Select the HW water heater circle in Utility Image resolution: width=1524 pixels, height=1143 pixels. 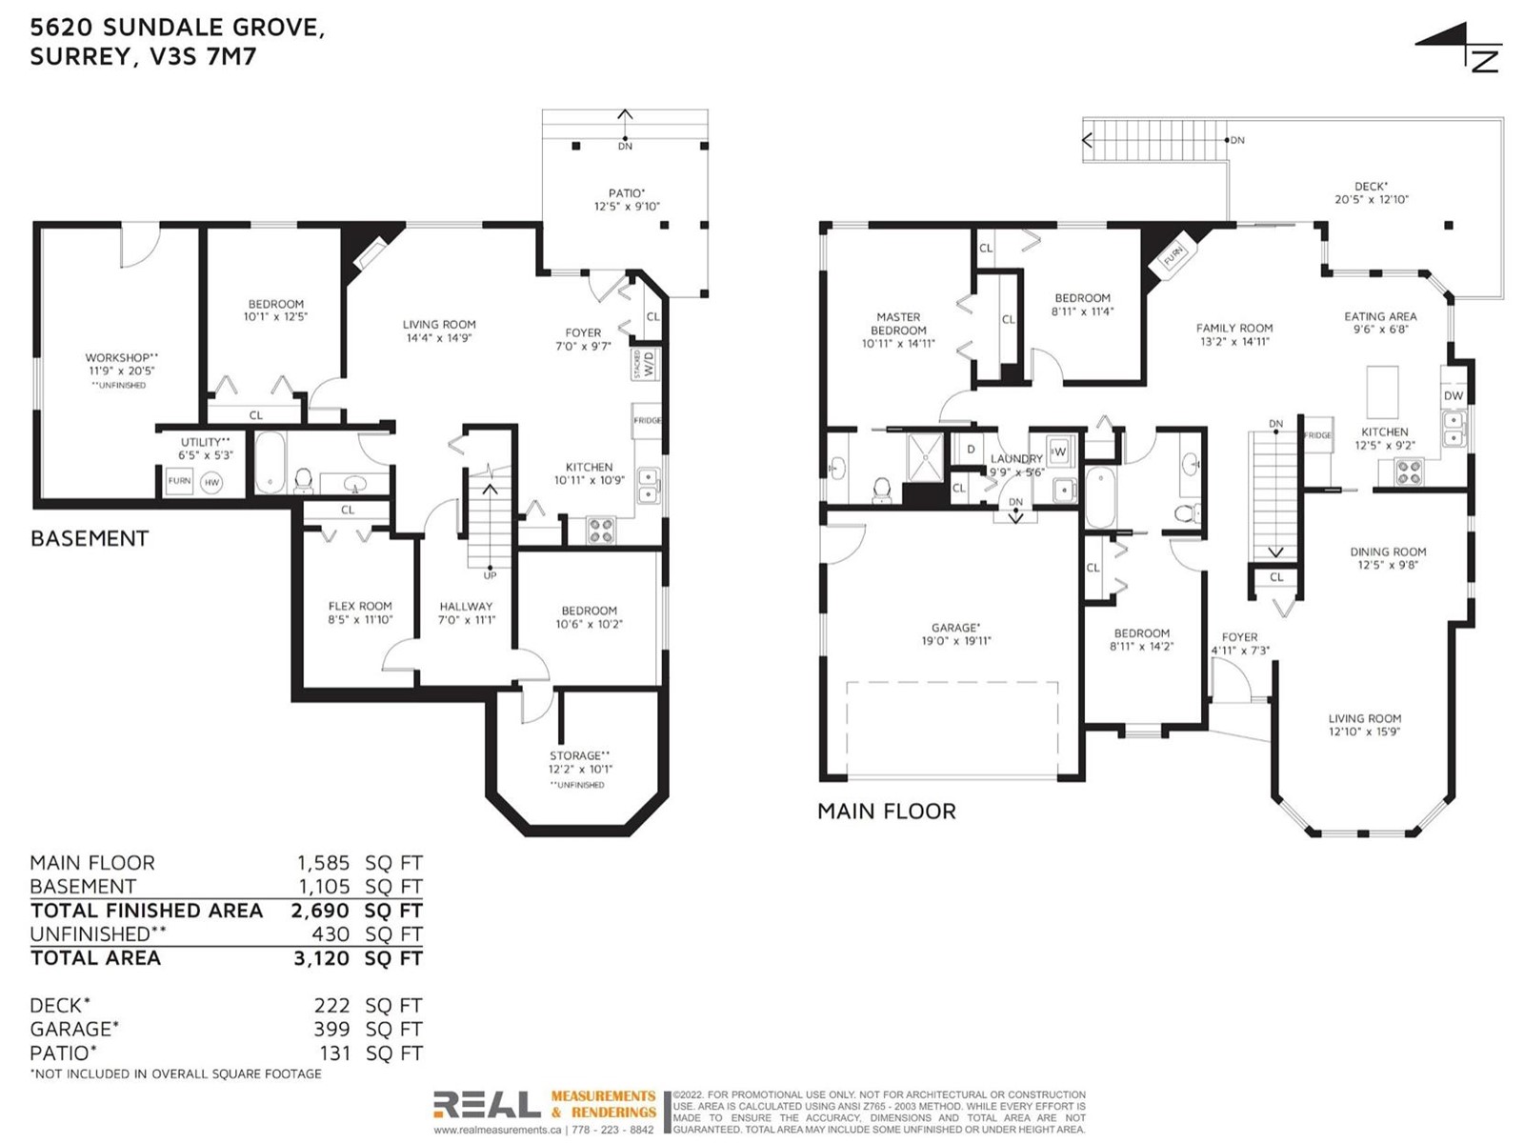211,482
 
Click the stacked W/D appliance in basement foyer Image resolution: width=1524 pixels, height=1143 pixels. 646,364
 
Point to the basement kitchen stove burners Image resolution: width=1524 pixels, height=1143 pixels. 601,531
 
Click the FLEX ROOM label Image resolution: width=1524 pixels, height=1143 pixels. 360,606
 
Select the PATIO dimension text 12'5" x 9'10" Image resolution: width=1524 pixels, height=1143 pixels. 627,206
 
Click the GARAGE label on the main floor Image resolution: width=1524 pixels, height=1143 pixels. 955,628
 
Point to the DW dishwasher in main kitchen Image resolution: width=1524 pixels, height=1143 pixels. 1453,395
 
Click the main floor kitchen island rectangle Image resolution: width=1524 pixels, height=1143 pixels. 1382,392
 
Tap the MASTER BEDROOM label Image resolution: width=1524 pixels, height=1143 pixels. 898,324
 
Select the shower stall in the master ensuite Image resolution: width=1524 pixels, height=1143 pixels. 926,456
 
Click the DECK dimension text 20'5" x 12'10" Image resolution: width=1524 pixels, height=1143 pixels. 1372,199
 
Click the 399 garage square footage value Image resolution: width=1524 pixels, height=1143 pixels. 331,1029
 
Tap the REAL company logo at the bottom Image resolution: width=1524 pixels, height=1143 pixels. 487,1105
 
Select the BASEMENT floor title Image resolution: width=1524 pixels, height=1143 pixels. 90,538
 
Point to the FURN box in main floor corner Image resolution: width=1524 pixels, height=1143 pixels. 1173,257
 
